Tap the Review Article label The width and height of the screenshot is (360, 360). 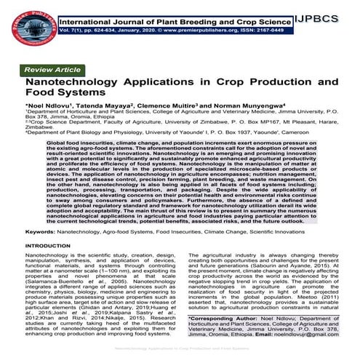tap(52, 69)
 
